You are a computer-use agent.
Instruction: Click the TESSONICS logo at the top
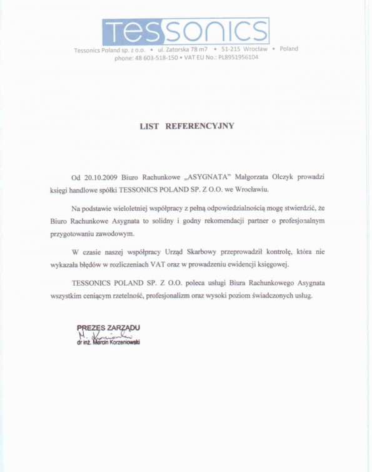186,29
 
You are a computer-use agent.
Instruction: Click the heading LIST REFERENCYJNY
186,125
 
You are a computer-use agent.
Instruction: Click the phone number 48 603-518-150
154,57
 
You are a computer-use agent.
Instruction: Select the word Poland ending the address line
289,48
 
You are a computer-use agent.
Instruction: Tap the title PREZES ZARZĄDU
108,327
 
